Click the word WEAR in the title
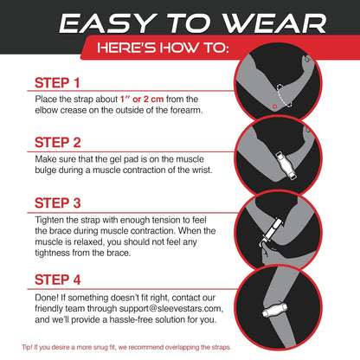click(x=265, y=23)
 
